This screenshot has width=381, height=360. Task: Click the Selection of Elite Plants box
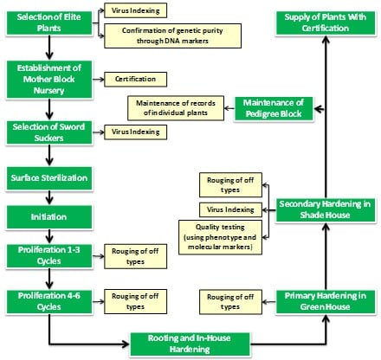49,23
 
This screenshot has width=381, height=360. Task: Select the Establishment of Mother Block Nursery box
49,80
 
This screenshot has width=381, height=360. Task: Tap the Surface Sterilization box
49,178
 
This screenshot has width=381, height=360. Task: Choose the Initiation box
49,217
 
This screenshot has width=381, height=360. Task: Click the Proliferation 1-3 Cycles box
49,256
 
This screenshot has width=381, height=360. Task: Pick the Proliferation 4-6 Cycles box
49,302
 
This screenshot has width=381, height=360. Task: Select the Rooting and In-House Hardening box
190,344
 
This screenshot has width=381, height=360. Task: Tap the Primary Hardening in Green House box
326,302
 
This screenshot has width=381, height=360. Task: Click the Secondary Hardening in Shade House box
326,210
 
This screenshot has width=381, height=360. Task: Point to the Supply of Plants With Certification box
326,23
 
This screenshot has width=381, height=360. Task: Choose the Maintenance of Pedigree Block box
274,108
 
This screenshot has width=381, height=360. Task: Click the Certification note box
135,80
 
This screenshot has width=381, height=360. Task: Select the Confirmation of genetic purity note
172,35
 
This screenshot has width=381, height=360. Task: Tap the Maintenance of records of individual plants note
176,108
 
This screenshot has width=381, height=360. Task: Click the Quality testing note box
220,237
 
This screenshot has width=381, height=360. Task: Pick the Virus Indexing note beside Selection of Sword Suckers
135,132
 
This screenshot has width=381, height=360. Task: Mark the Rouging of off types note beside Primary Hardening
230,302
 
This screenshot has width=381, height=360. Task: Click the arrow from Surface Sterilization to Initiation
49,197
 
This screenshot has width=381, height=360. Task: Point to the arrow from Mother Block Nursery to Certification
98,80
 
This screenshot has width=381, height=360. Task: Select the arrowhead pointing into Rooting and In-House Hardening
126,344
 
